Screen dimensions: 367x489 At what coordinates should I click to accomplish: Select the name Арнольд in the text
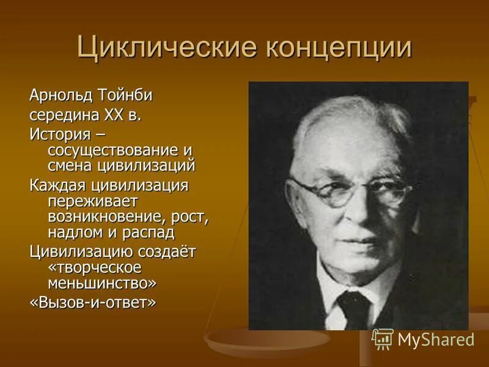[61, 96]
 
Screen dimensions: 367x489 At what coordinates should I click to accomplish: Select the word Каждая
[56, 184]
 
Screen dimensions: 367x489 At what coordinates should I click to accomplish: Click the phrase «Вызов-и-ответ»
[92, 303]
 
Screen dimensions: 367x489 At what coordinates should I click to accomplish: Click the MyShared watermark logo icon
[383, 338]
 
